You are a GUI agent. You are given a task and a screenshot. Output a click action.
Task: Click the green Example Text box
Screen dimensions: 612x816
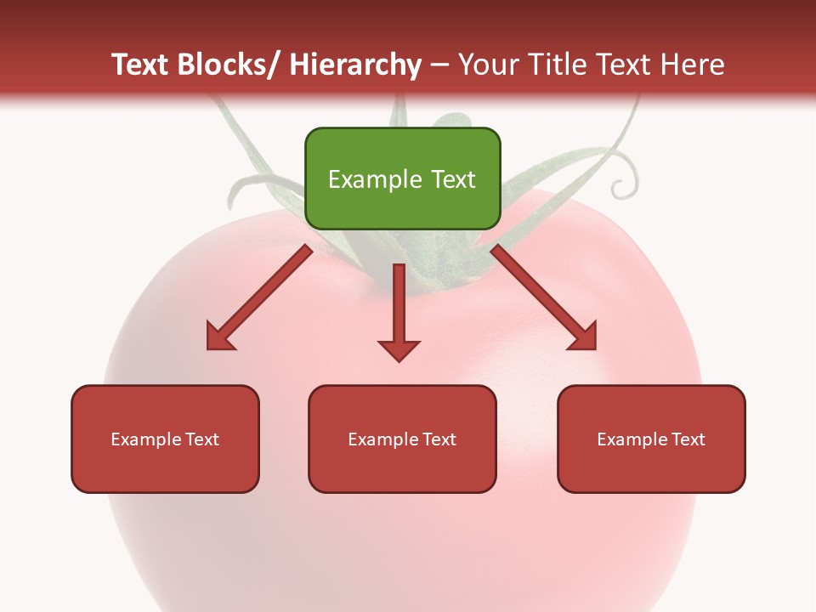click(x=402, y=178)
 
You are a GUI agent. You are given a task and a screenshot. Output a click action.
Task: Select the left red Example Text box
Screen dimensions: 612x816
click(x=165, y=439)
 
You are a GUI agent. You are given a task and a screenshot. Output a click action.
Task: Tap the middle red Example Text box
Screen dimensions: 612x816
click(x=402, y=439)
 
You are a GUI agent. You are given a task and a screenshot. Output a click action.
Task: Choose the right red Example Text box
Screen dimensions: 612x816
click(x=651, y=439)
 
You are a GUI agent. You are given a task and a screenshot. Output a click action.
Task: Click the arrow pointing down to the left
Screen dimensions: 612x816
click(x=259, y=297)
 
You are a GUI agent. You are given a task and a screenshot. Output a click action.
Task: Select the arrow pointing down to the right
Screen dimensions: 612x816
click(x=544, y=297)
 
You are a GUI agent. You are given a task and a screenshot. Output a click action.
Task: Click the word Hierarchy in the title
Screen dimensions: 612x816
click(x=355, y=65)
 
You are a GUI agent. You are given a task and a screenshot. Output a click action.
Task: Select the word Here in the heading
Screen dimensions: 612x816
click(x=694, y=65)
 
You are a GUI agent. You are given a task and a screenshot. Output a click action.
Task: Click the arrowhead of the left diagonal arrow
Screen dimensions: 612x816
click(x=219, y=337)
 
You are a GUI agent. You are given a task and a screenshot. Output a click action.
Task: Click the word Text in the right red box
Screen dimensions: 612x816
click(x=689, y=439)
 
